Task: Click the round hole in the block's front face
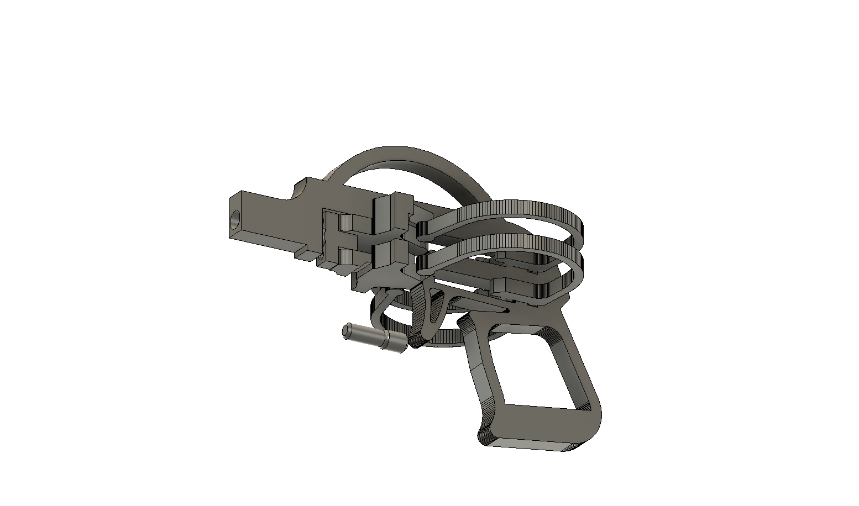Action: [x=235, y=220]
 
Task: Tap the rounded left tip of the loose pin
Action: [x=347, y=330]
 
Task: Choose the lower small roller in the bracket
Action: [x=344, y=256]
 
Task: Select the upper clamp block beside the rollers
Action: [x=392, y=213]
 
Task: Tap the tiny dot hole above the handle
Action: [x=507, y=311]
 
